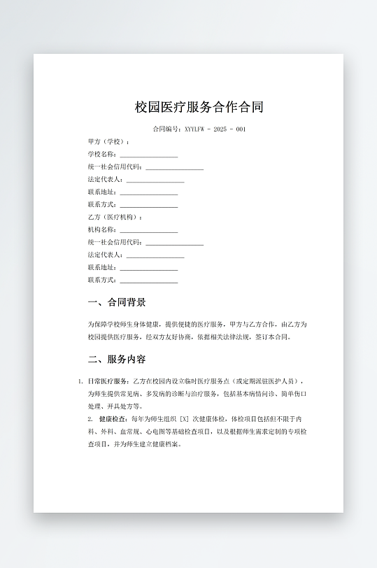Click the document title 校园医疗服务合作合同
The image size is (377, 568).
199,107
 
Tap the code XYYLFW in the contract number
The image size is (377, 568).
195,129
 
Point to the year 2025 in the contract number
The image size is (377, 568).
220,129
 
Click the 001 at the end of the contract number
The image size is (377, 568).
240,129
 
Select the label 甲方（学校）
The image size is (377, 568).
108,141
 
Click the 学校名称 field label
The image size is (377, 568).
101,154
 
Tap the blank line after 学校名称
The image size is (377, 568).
148,155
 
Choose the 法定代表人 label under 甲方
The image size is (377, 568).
105,179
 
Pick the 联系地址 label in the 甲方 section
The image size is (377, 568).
101,192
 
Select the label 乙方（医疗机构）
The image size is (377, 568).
114,217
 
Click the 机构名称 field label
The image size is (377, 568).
101,229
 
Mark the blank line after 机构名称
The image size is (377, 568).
148,230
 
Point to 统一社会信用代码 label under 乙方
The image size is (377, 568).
115,242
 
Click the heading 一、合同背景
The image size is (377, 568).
117,302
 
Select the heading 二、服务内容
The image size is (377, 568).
117,360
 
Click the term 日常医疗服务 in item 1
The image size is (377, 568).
108,381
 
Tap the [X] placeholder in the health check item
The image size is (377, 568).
185,419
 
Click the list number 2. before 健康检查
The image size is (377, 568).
90,419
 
